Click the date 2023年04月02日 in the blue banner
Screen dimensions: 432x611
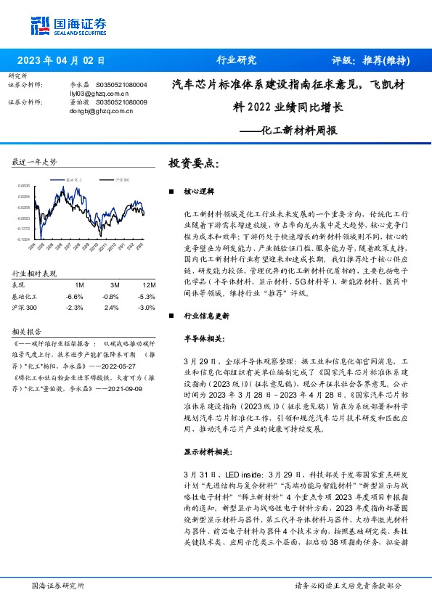pos(61,61)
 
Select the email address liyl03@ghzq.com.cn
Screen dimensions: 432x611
pos(99,94)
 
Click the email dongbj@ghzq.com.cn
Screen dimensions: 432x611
pos(100,111)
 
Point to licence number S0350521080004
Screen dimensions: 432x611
pos(122,85)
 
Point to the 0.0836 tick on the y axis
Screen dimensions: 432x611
pos(25,186)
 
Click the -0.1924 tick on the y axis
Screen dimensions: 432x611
pos(25,239)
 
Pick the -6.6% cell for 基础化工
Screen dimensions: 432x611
pos(74,296)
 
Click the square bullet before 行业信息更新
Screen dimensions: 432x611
pos(170,316)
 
